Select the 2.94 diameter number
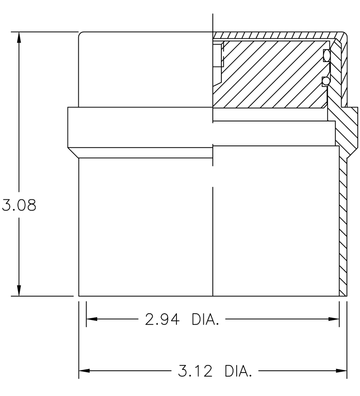(x=162, y=319)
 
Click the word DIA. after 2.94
(x=205, y=319)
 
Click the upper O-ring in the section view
(x=326, y=55)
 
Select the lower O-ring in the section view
(x=326, y=81)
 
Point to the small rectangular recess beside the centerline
(x=218, y=55)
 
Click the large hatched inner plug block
(x=270, y=74)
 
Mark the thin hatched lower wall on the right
(x=342, y=225)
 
